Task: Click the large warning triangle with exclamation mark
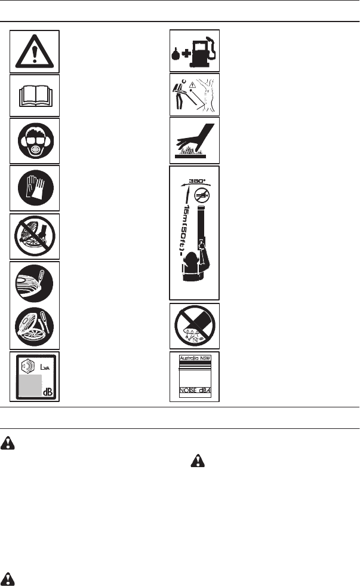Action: [35, 51]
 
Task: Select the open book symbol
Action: [35, 96]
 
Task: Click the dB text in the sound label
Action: [47, 392]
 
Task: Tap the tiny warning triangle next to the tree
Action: [193, 85]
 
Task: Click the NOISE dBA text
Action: [195, 392]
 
